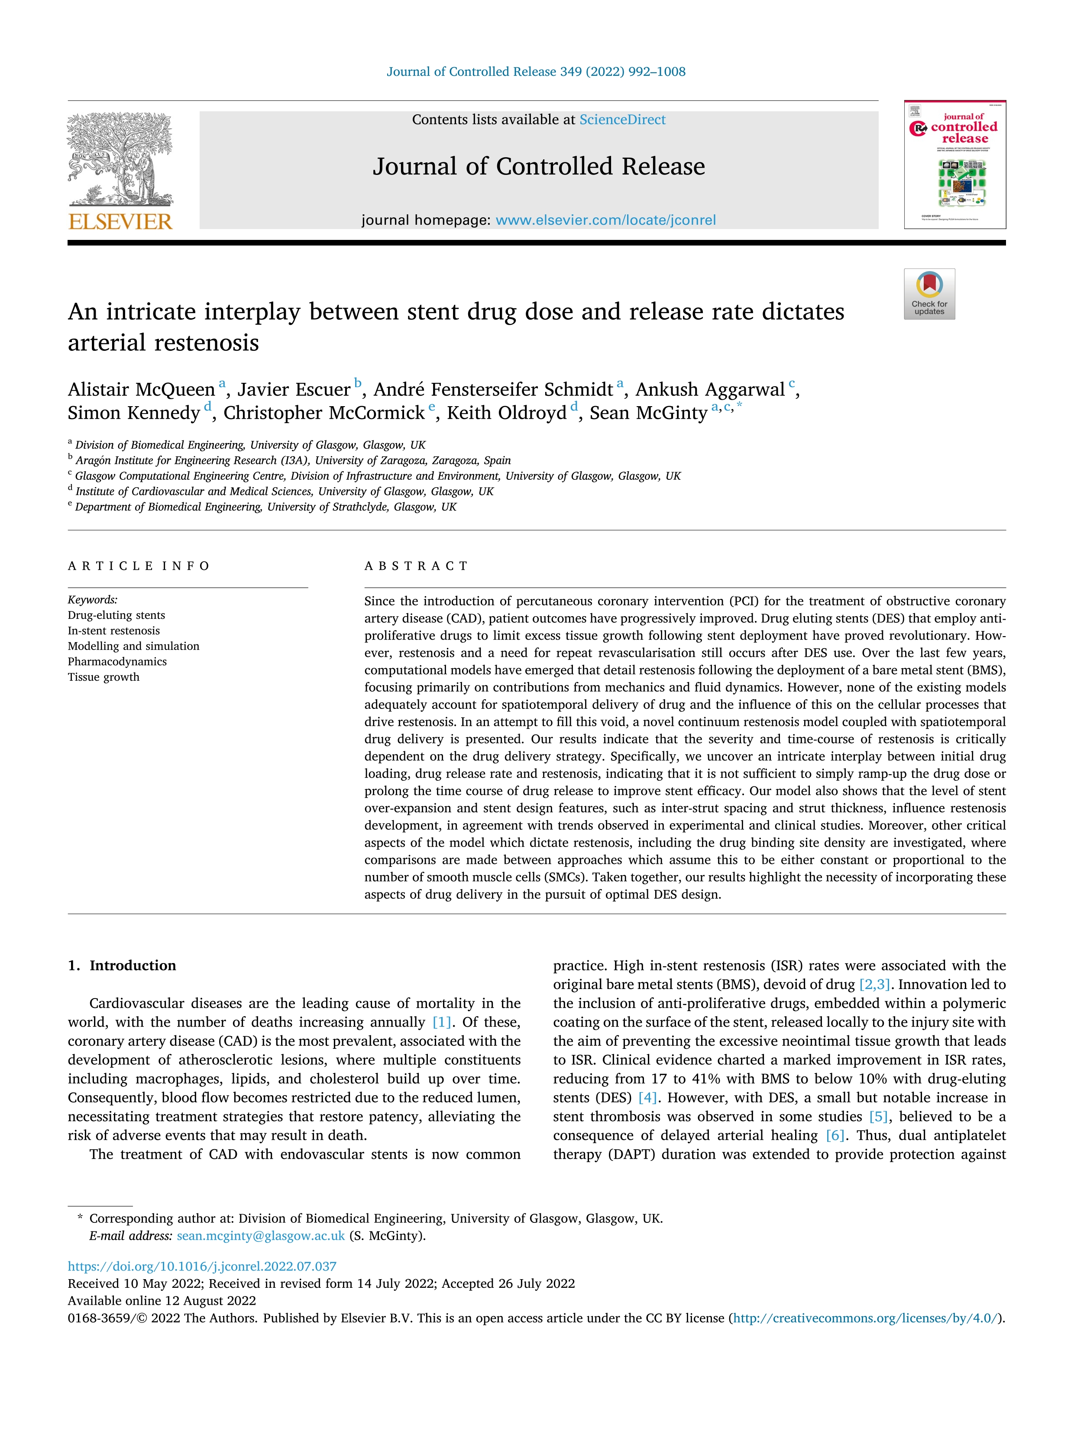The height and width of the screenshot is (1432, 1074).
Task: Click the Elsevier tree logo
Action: (120, 158)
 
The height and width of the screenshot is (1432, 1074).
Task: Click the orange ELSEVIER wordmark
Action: (120, 222)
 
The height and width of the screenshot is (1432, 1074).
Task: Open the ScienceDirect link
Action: (622, 120)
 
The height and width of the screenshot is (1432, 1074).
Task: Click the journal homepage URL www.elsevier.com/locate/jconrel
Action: (605, 220)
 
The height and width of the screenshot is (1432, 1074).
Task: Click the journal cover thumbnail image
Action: (955, 165)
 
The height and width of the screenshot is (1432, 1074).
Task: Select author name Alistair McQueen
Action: (141, 390)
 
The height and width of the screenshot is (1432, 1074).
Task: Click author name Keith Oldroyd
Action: (506, 413)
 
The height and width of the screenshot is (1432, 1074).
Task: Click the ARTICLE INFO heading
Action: (139, 566)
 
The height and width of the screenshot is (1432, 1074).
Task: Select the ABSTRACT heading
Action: (416, 566)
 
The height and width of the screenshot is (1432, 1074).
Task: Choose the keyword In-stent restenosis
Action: (113, 630)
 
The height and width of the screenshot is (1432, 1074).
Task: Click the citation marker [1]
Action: (442, 1022)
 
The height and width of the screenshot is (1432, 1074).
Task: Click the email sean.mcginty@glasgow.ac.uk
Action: (261, 1236)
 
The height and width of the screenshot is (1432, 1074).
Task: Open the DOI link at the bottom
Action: (202, 1266)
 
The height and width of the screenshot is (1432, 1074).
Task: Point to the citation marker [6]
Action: (835, 1135)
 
